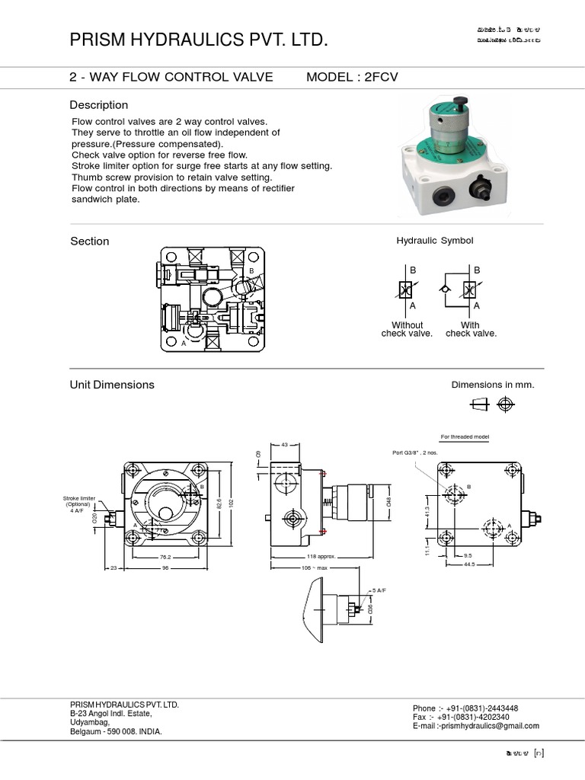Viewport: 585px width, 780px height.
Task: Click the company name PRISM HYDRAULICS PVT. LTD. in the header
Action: point(199,40)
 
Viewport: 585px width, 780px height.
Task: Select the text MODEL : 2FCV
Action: point(352,78)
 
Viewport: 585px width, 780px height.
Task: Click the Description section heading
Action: point(99,105)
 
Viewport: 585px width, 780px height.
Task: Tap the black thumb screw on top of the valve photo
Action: point(459,102)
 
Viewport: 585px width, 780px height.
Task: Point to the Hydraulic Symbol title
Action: point(434,241)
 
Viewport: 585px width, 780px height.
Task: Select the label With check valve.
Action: point(471,329)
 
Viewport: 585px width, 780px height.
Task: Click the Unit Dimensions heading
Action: point(112,385)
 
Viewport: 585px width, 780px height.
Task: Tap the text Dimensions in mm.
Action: point(493,385)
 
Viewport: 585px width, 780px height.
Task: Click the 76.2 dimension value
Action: point(164,557)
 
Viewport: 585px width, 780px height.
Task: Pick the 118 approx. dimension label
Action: point(321,557)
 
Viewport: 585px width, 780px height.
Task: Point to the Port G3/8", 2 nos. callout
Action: point(415,452)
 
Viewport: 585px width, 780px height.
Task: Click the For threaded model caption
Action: point(465,437)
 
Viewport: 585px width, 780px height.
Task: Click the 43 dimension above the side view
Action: point(285,445)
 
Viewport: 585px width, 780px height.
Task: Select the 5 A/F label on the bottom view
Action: point(379,590)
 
